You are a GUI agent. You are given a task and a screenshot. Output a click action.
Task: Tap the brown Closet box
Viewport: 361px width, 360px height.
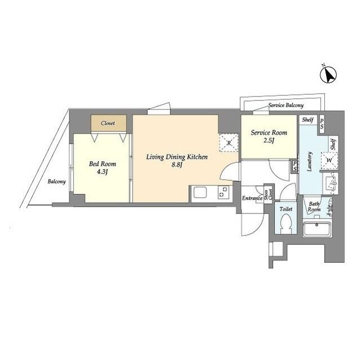[x=108, y=123]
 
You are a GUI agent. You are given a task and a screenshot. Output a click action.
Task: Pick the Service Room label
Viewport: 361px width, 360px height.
[x=268, y=133]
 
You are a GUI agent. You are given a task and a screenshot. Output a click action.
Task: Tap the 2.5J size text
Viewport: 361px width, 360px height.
[x=269, y=141]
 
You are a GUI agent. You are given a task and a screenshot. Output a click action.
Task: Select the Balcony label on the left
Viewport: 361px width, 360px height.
[x=56, y=181]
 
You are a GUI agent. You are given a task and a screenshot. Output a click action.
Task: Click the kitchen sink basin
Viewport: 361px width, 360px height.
[x=201, y=193]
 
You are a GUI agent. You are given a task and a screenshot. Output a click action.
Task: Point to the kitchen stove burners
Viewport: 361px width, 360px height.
[x=223, y=193]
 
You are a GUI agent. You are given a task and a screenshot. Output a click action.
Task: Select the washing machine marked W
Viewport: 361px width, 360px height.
[x=328, y=160]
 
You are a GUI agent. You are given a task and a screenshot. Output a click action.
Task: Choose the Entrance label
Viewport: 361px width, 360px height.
[x=251, y=198]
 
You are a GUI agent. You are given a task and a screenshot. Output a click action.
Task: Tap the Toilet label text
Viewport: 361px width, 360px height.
[x=285, y=208]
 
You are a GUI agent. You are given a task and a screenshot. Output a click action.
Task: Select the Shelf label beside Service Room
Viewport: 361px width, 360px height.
[x=307, y=119]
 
